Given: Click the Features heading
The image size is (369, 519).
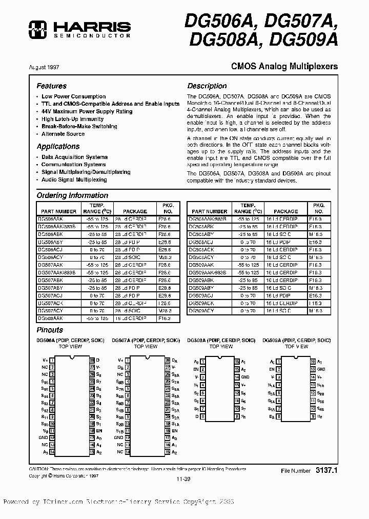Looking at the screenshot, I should pos(51,86).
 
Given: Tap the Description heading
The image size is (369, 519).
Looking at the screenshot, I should pos(207,86).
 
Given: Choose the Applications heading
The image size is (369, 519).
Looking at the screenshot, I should pos(58,147).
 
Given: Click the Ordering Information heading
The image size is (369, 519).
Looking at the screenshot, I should pos(72,195).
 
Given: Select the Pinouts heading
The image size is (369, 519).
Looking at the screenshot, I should pos(50,330).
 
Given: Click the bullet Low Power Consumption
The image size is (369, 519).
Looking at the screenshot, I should pos(73,96).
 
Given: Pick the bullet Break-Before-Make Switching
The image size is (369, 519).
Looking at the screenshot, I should pos(79,126).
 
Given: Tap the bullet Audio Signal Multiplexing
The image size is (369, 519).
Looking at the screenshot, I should pos(74,180).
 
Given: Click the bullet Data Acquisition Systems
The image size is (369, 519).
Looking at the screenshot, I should pos(74,157).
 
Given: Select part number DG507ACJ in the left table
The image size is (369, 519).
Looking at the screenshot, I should pos(50,296).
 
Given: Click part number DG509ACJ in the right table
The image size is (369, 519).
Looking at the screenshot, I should pos(201,296).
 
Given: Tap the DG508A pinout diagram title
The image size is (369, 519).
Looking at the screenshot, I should pos(220,341).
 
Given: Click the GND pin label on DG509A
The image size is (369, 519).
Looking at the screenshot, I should pos(321,369).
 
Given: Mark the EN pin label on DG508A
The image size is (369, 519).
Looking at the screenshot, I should pos(195,369).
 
